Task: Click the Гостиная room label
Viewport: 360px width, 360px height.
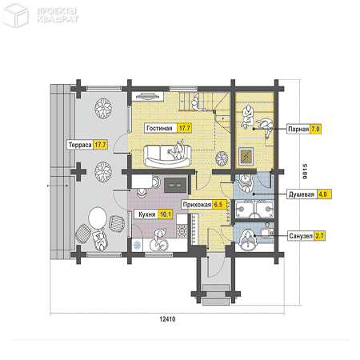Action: (x=159, y=128)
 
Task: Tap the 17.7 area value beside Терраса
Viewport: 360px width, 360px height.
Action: (x=100, y=145)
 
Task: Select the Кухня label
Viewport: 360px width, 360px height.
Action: (x=147, y=214)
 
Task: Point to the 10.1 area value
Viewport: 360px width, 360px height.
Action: (x=166, y=214)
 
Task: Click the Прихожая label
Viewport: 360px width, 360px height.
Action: (x=197, y=205)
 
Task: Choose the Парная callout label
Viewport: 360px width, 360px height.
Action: (x=298, y=129)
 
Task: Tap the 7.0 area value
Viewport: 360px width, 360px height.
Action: (x=315, y=129)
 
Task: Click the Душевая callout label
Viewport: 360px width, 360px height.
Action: (x=302, y=194)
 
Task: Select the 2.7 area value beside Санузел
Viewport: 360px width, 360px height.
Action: (x=319, y=236)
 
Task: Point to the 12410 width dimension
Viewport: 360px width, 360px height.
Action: (x=167, y=319)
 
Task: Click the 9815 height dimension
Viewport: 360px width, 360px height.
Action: (x=305, y=171)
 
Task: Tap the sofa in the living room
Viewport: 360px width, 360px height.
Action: (x=167, y=156)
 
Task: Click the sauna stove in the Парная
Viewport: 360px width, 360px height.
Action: (x=246, y=156)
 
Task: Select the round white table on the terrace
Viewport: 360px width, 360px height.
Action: (x=98, y=218)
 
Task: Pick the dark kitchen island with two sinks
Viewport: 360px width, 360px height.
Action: (x=175, y=185)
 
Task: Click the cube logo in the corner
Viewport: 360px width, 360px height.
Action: (x=15, y=15)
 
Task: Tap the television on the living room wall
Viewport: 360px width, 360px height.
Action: (x=146, y=96)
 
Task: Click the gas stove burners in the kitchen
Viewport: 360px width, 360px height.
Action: (x=182, y=230)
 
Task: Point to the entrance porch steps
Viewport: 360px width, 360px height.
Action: (x=216, y=294)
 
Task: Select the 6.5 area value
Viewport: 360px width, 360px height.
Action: (x=218, y=205)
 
